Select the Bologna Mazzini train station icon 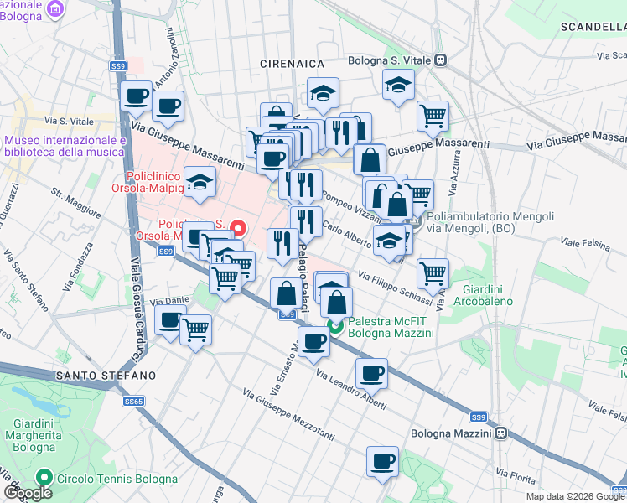500,433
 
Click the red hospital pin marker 238,227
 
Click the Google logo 28,493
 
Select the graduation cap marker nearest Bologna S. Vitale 399,84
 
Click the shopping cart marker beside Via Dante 196,329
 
